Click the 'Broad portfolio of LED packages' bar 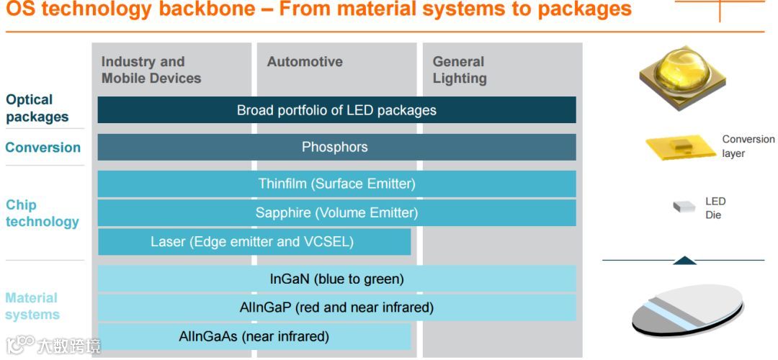pos(336,110)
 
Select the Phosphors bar pos(336,147)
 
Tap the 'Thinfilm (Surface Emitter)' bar pos(336,184)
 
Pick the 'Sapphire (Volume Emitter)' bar pos(336,213)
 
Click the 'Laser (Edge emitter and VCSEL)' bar pos(254,242)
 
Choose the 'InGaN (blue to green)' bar pos(336,279)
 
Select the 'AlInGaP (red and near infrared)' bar pos(336,307)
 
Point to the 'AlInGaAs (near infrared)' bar pos(254,336)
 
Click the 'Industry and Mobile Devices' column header pos(151,70)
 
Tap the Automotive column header pos(305,62)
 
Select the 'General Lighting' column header pos(460,70)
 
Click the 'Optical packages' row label pos(37,108)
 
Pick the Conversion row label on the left pos(43,148)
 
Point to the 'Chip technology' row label pos(42,213)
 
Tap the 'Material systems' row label pos(32,306)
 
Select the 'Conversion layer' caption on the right pos(748,146)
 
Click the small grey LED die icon pos(683,207)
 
